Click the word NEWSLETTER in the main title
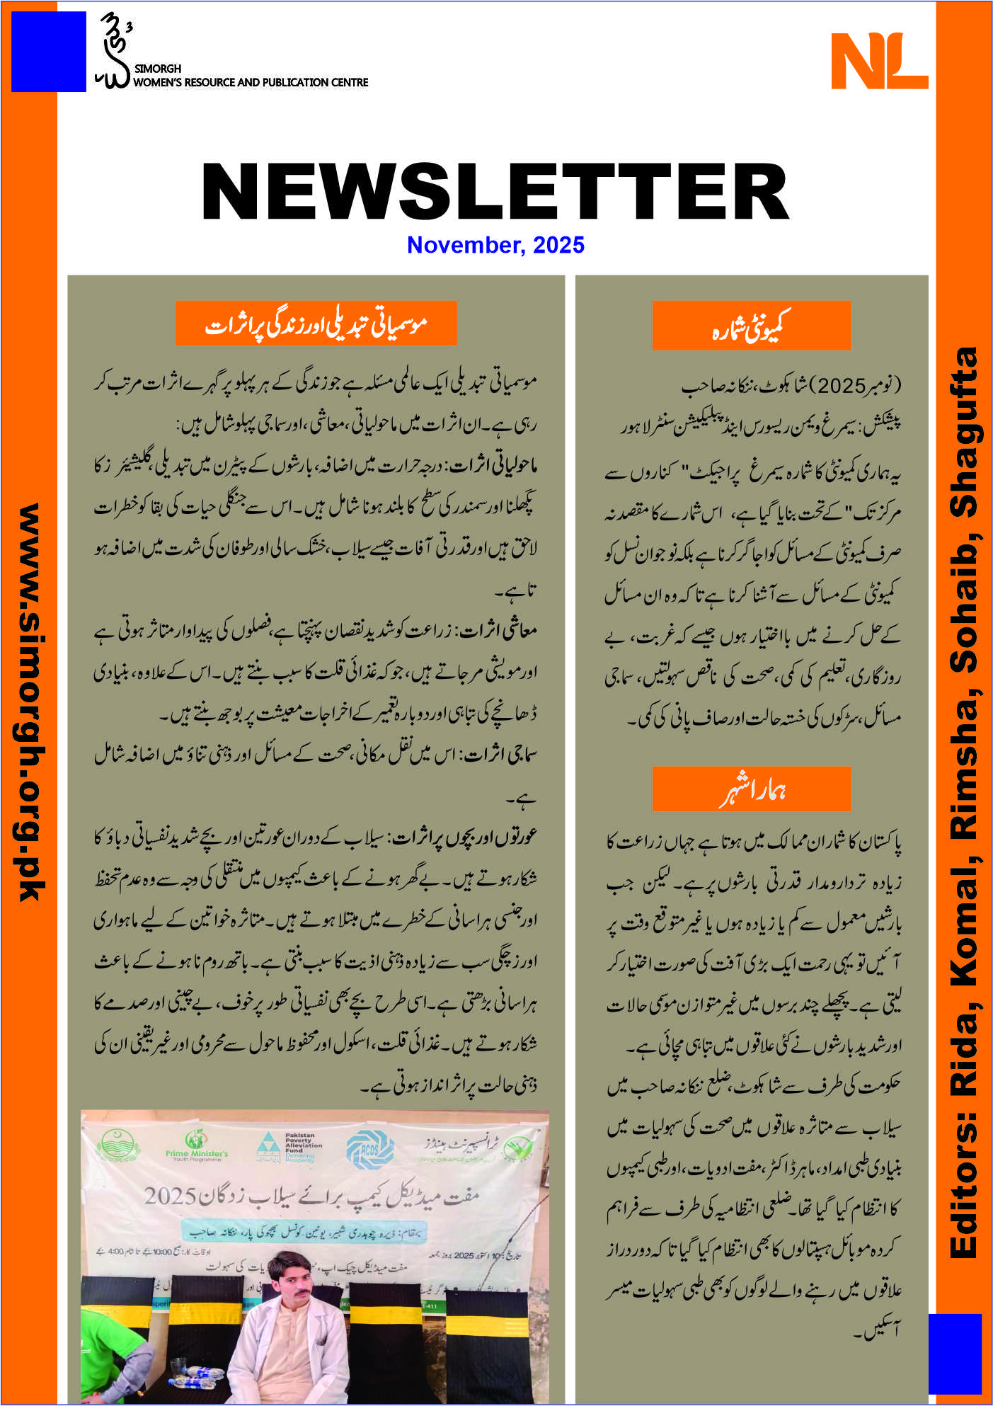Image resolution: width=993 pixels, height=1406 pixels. click(x=495, y=191)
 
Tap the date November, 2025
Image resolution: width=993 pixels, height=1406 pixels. click(x=495, y=245)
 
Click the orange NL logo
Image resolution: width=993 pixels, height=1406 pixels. click(x=879, y=61)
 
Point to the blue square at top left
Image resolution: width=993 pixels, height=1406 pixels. click(x=48, y=51)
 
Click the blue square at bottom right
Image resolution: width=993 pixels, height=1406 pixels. click(x=955, y=1355)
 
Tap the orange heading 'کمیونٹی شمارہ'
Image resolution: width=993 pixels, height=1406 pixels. click(x=751, y=326)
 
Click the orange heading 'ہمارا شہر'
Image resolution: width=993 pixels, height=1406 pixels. click(x=751, y=789)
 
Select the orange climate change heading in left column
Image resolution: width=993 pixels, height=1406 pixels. click(x=316, y=324)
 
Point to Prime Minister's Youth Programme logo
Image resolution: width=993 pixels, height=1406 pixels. click(x=196, y=1147)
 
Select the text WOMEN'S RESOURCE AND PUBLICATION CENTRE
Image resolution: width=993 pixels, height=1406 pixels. click(x=251, y=82)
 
